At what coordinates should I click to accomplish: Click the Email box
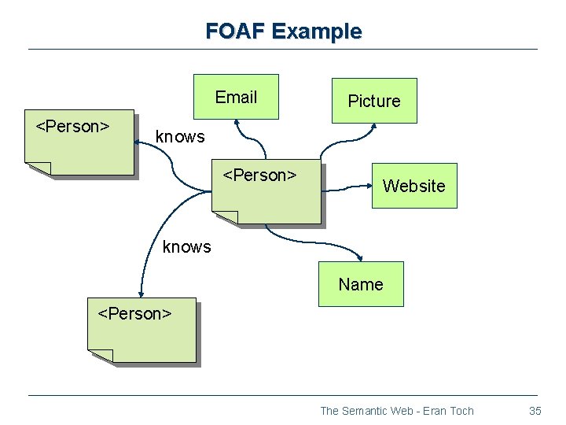pos(236,97)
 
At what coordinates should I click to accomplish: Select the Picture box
pos(374,101)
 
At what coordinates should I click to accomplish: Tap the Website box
pos(413,186)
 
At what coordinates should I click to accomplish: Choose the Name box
pos(361,284)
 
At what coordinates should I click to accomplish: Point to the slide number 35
pos(535,410)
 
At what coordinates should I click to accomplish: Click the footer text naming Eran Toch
pos(397,410)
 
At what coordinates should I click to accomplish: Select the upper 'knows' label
pos(180,136)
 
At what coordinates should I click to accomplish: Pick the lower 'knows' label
pos(186,247)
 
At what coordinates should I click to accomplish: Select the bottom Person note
pos(141,331)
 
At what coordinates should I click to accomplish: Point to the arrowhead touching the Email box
pos(237,123)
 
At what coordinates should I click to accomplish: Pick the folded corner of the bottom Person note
pos(101,356)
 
